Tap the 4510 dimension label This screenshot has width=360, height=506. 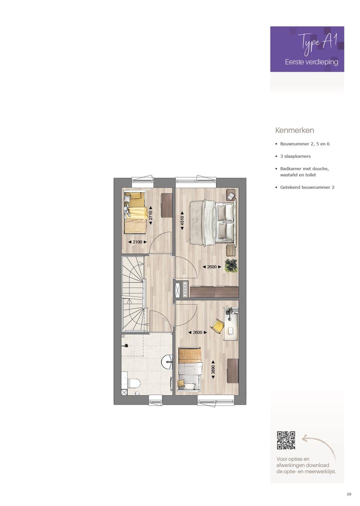182,221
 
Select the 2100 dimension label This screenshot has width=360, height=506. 137,242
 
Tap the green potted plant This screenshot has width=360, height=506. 231,266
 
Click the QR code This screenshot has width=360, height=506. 286,440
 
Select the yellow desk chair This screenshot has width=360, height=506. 217,326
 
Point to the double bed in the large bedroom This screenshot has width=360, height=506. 212,223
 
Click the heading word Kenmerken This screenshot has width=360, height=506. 294,130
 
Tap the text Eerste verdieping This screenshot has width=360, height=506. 311,62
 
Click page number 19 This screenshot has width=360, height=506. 348,494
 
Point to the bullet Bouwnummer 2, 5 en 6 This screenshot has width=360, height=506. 304,144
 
